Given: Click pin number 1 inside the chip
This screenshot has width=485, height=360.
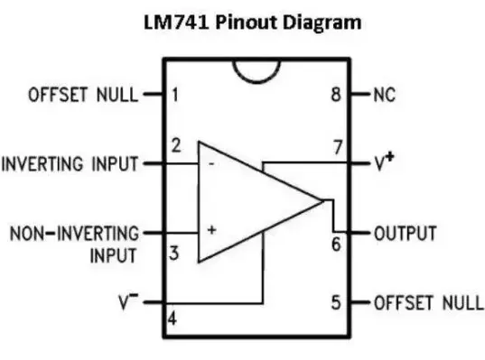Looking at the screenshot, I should click(x=175, y=94).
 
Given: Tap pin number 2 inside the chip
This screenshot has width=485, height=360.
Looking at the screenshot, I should click(x=177, y=144).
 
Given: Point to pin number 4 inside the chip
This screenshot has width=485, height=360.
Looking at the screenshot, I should click(x=173, y=318).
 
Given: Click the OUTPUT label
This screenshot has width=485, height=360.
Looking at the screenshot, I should click(x=406, y=233).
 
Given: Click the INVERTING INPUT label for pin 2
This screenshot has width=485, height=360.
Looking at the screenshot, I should click(x=70, y=164).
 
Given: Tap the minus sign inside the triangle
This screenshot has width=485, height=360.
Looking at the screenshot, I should click(x=211, y=165).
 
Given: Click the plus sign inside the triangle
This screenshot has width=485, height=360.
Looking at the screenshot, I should click(x=211, y=231).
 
